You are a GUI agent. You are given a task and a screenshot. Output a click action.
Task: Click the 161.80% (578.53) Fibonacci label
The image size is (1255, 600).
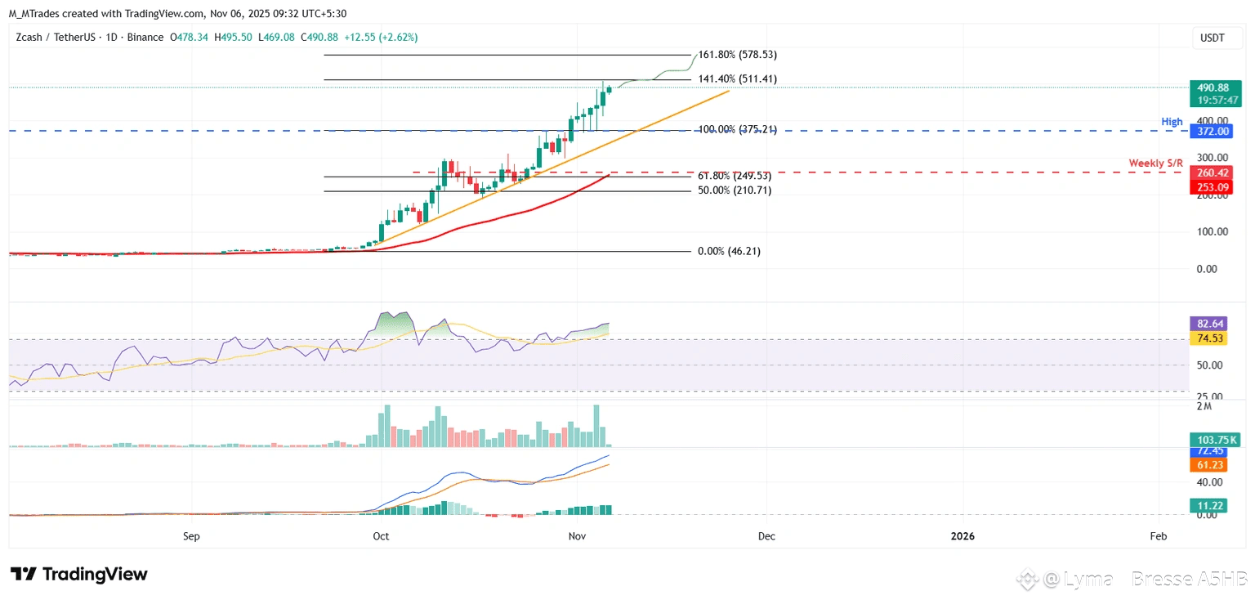pyautogui.click(x=737, y=55)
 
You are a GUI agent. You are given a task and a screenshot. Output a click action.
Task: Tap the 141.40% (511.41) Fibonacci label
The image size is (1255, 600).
pyautogui.click(x=737, y=79)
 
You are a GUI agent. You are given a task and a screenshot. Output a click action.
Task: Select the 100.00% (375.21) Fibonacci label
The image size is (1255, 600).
pyautogui.click(x=737, y=129)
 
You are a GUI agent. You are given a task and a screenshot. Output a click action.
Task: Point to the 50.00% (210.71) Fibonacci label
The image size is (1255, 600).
pyautogui.click(x=735, y=190)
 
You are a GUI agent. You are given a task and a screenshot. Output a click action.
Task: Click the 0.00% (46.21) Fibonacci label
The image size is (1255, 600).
pyautogui.click(x=729, y=252)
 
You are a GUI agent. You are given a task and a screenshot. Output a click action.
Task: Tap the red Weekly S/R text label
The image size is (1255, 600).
pyautogui.click(x=1155, y=163)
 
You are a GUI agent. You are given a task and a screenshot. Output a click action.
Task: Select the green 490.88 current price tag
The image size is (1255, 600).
pyautogui.click(x=1213, y=87)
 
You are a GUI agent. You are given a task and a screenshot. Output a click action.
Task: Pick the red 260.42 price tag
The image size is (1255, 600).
pyautogui.click(x=1213, y=172)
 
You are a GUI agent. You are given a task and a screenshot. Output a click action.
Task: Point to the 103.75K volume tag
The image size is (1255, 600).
pyautogui.click(x=1213, y=441)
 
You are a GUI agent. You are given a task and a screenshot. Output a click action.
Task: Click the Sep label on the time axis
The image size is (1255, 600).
pyautogui.click(x=191, y=537)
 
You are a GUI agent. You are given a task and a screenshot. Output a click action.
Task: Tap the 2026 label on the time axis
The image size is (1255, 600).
pyautogui.click(x=963, y=537)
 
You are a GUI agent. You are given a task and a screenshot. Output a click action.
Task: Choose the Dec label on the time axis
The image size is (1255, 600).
pyautogui.click(x=766, y=537)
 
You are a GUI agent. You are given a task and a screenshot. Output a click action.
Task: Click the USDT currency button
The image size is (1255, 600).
pyautogui.click(x=1212, y=38)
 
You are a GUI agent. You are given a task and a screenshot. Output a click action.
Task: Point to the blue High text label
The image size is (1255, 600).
pyautogui.click(x=1172, y=122)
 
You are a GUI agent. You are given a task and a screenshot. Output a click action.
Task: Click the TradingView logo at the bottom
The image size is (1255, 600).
pyautogui.click(x=78, y=575)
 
